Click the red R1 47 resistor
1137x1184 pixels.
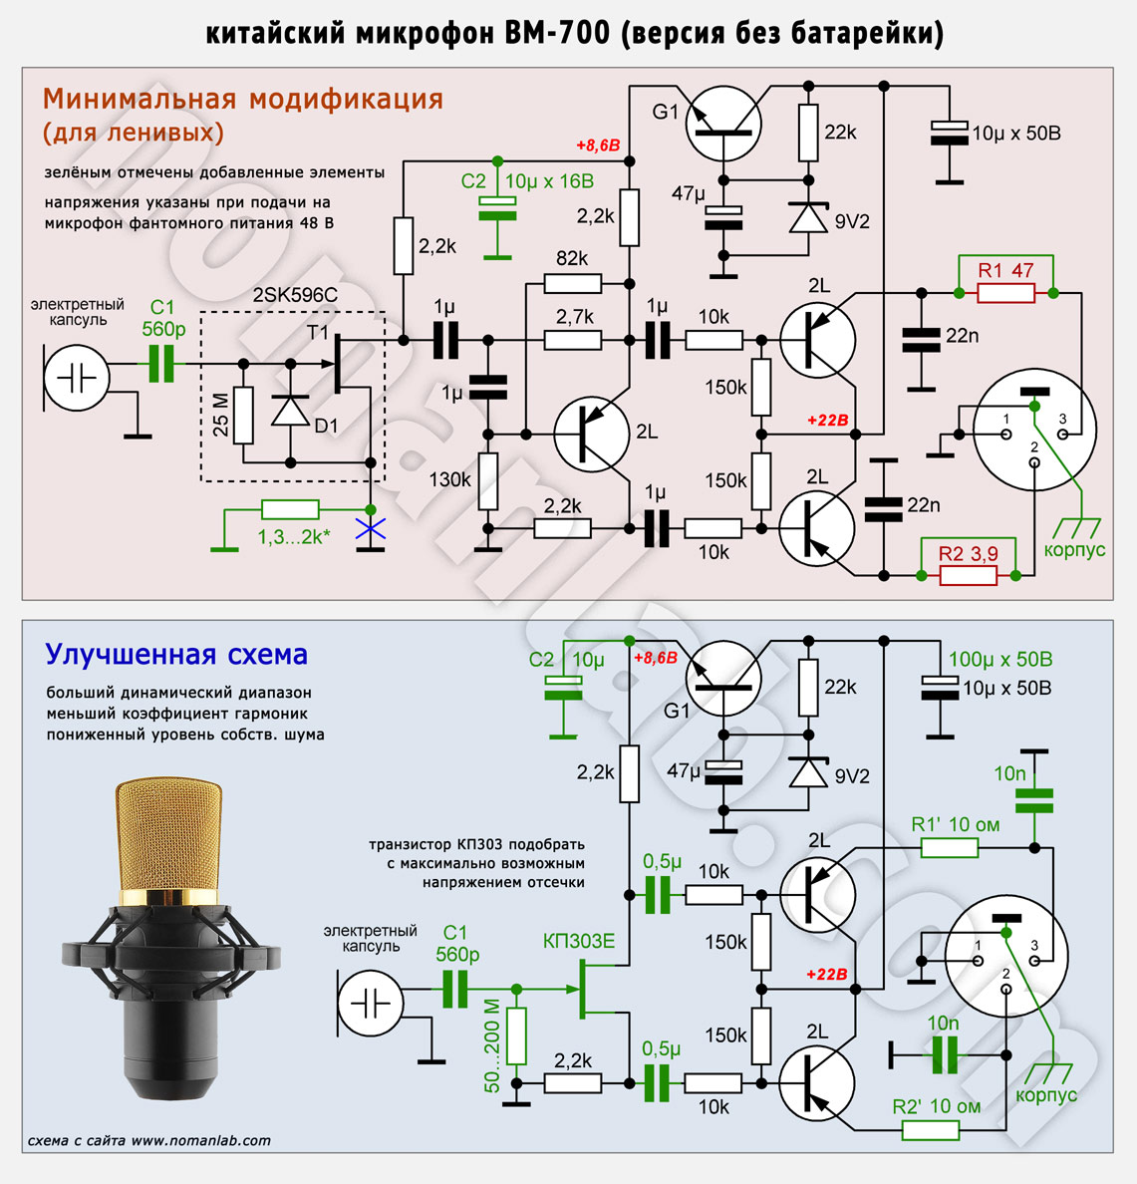pos(1005,293)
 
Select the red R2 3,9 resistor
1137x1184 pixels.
pos(968,576)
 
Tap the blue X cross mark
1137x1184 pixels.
pos(370,529)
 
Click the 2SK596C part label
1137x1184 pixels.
pos(294,294)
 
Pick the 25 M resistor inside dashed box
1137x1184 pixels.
pos(243,416)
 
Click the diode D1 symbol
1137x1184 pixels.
pos(291,412)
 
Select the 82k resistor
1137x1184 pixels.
pos(573,284)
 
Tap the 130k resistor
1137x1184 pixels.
pos(487,481)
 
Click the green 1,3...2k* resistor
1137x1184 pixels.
pos(290,509)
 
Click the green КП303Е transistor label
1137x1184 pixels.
pos(579,941)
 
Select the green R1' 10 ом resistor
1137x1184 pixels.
pos(950,848)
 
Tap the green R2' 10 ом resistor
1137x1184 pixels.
pos(931,1130)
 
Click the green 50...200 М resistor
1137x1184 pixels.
pos(516,1036)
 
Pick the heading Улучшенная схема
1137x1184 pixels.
pos(176,654)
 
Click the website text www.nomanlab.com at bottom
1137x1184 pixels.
pos(201,1140)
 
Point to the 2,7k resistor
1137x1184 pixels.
pos(573,341)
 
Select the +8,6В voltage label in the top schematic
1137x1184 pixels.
pos(598,145)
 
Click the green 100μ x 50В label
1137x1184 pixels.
pos(1000,659)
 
